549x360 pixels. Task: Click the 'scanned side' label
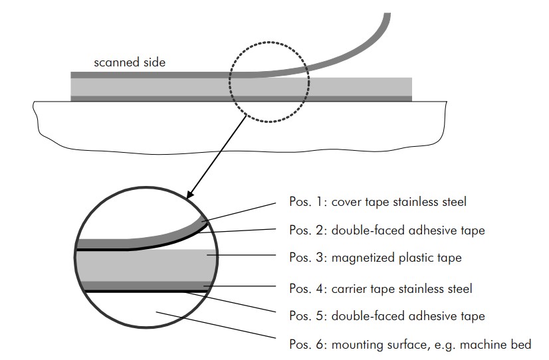point(130,62)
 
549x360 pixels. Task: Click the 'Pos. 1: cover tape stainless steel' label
point(378,202)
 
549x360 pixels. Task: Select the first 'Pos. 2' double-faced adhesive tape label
point(387,230)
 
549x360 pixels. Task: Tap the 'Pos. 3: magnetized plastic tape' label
point(376,258)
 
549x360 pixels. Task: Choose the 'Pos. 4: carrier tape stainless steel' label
point(381,289)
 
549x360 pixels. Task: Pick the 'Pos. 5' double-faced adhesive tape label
point(387,316)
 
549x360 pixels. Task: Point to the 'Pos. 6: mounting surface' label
point(410,344)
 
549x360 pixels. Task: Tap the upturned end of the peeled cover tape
point(387,15)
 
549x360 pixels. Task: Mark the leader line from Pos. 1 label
point(239,212)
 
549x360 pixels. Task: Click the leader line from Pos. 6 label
point(215,325)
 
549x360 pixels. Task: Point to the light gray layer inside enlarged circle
point(146,265)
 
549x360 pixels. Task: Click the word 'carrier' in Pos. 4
point(346,289)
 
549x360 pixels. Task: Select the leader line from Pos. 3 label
point(241,255)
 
